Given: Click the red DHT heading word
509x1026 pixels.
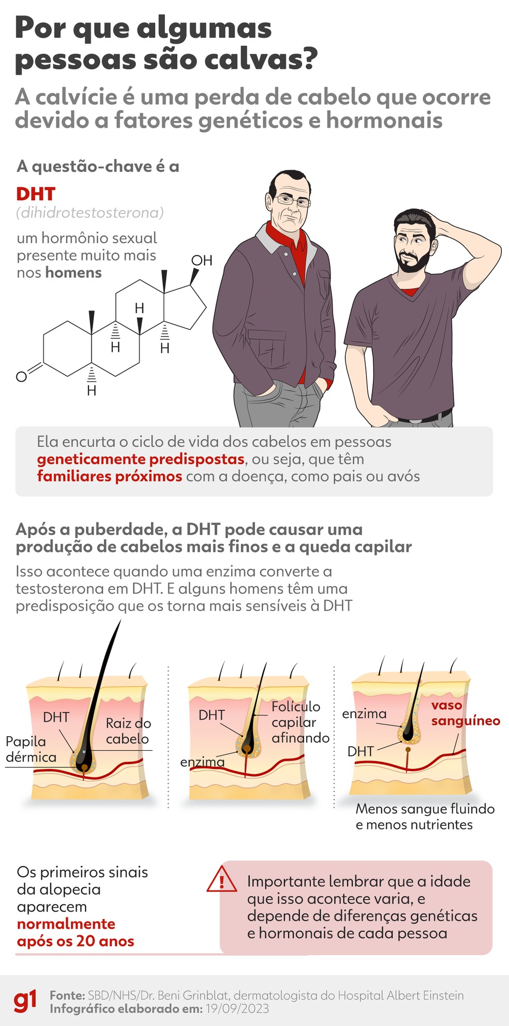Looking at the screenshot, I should (x=36, y=194).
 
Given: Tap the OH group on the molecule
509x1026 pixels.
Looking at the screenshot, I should (x=202, y=260).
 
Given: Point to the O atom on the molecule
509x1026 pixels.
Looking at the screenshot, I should (x=21, y=377).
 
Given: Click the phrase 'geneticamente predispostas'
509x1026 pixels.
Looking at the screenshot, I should (x=140, y=459).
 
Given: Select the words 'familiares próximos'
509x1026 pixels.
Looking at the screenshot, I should (x=109, y=476).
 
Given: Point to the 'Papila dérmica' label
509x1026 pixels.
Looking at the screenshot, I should (x=30, y=749).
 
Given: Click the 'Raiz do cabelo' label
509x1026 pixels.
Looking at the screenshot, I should (x=128, y=731).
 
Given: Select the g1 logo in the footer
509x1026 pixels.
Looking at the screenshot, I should (x=25, y=1001).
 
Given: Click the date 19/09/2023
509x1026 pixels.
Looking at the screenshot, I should (x=237, y=1008).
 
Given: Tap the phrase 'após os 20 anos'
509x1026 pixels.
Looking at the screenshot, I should (x=76, y=941).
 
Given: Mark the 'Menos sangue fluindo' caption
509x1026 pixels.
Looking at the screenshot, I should (x=425, y=809).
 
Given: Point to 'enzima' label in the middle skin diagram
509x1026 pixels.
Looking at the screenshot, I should (x=202, y=762).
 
